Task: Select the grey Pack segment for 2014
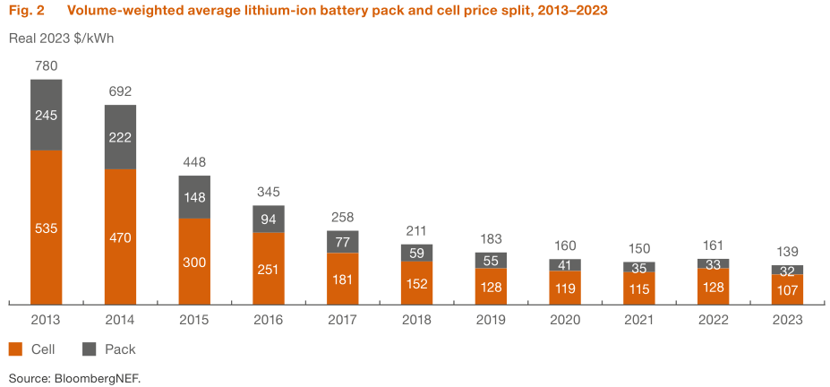point(121,137)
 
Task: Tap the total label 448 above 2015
point(194,162)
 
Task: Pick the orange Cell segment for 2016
point(269,268)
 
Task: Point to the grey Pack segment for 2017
point(343,242)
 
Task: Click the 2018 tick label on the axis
point(416,320)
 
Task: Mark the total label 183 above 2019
point(491,239)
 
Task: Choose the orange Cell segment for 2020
point(565,287)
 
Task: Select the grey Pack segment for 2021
point(638,266)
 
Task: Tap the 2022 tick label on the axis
point(713,320)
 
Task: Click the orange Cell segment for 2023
point(787,288)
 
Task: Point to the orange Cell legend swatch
point(16,348)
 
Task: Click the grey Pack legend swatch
point(89,348)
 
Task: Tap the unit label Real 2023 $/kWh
point(61,39)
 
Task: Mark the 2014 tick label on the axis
point(121,320)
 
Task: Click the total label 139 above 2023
point(787,252)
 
